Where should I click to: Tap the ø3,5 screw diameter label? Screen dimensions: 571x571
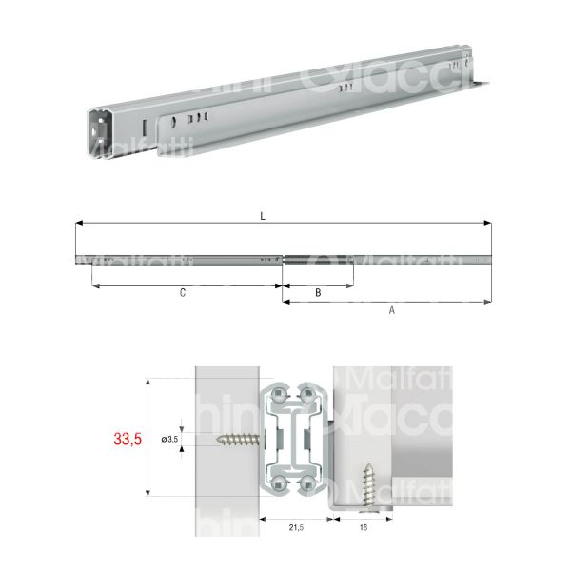tap(170, 439)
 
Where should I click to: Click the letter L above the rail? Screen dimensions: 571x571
tap(263, 215)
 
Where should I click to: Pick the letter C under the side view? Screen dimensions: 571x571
tap(182, 294)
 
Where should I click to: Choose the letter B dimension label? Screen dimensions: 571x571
tap(317, 294)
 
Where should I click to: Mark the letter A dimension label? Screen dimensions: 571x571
tap(391, 310)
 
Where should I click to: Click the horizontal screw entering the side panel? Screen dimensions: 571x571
tap(238, 439)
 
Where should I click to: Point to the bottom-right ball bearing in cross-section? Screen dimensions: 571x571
tap(308, 485)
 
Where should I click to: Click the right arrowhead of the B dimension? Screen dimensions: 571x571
tap(350, 285)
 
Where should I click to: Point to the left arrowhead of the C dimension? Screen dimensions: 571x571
tap(94, 285)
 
